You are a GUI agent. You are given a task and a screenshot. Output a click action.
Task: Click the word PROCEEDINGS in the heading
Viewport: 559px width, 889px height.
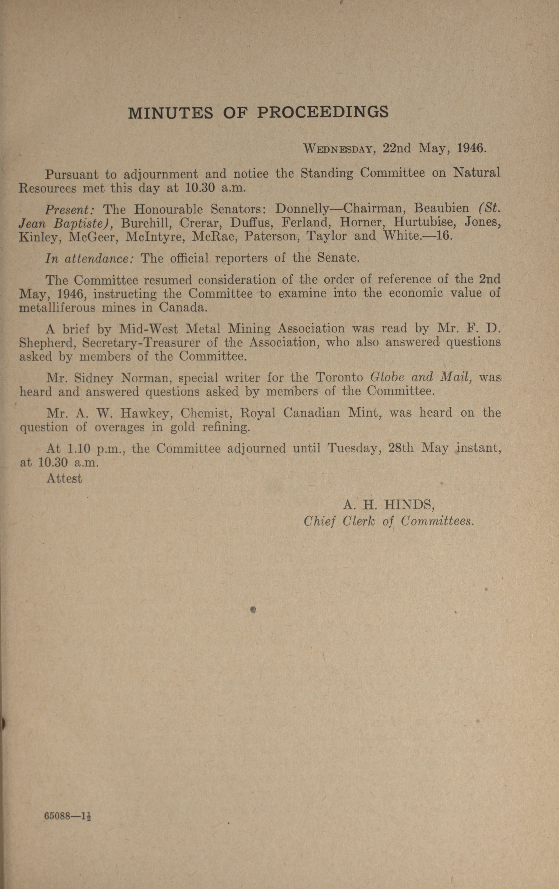[x=322, y=112]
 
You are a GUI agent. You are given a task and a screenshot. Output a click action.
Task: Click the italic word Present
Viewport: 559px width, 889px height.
[x=70, y=210]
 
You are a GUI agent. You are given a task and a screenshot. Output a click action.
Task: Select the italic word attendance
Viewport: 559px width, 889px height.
[x=99, y=258]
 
